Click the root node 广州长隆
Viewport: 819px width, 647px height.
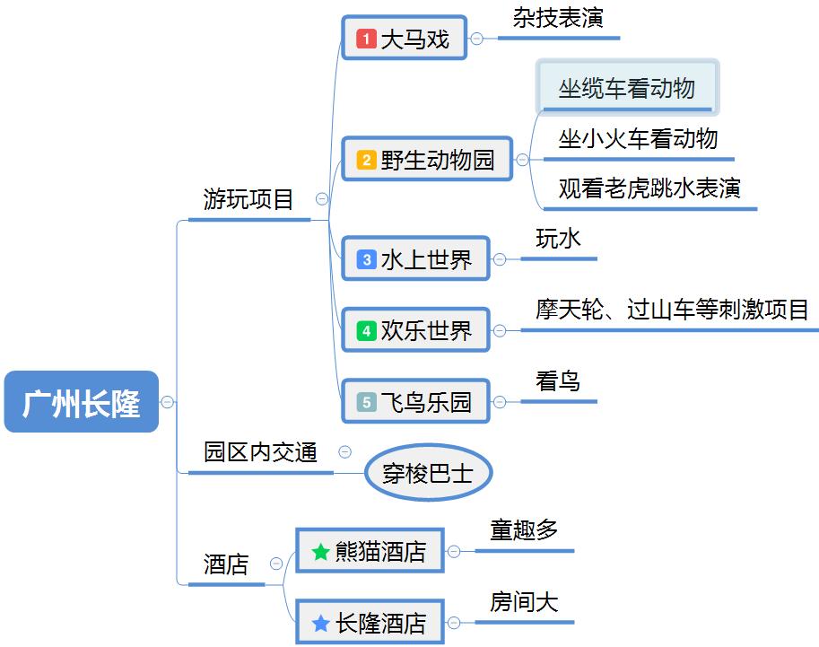[x=82, y=402]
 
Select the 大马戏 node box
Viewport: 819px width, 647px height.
[x=405, y=39]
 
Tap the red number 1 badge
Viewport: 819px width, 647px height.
[x=366, y=39]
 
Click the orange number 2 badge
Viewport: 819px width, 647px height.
[x=366, y=161]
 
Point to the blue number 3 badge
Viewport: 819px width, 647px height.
[x=366, y=260]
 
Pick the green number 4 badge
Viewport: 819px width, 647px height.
[x=366, y=331]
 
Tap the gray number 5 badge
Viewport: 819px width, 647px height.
[x=366, y=402]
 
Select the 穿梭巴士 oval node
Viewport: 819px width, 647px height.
[x=428, y=473]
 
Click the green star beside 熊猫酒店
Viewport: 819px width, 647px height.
[x=321, y=552]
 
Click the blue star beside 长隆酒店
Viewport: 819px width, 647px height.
[x=321, y=622]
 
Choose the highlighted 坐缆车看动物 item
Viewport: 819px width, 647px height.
[x=627, y=88]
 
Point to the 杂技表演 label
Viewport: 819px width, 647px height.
[x=558, y=19]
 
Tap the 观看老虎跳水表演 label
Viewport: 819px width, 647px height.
[x=649, y=188]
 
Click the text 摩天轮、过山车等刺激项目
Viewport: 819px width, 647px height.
[x=673, y=310]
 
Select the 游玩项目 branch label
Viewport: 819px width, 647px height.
[x=249, y=199]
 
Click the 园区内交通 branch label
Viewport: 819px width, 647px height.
[x=260, y=452]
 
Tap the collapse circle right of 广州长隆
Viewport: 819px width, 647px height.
[x=168, y=402]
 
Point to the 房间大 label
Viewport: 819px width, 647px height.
[x=524, y=601]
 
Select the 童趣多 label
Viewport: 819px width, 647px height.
[x=524, y=529]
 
